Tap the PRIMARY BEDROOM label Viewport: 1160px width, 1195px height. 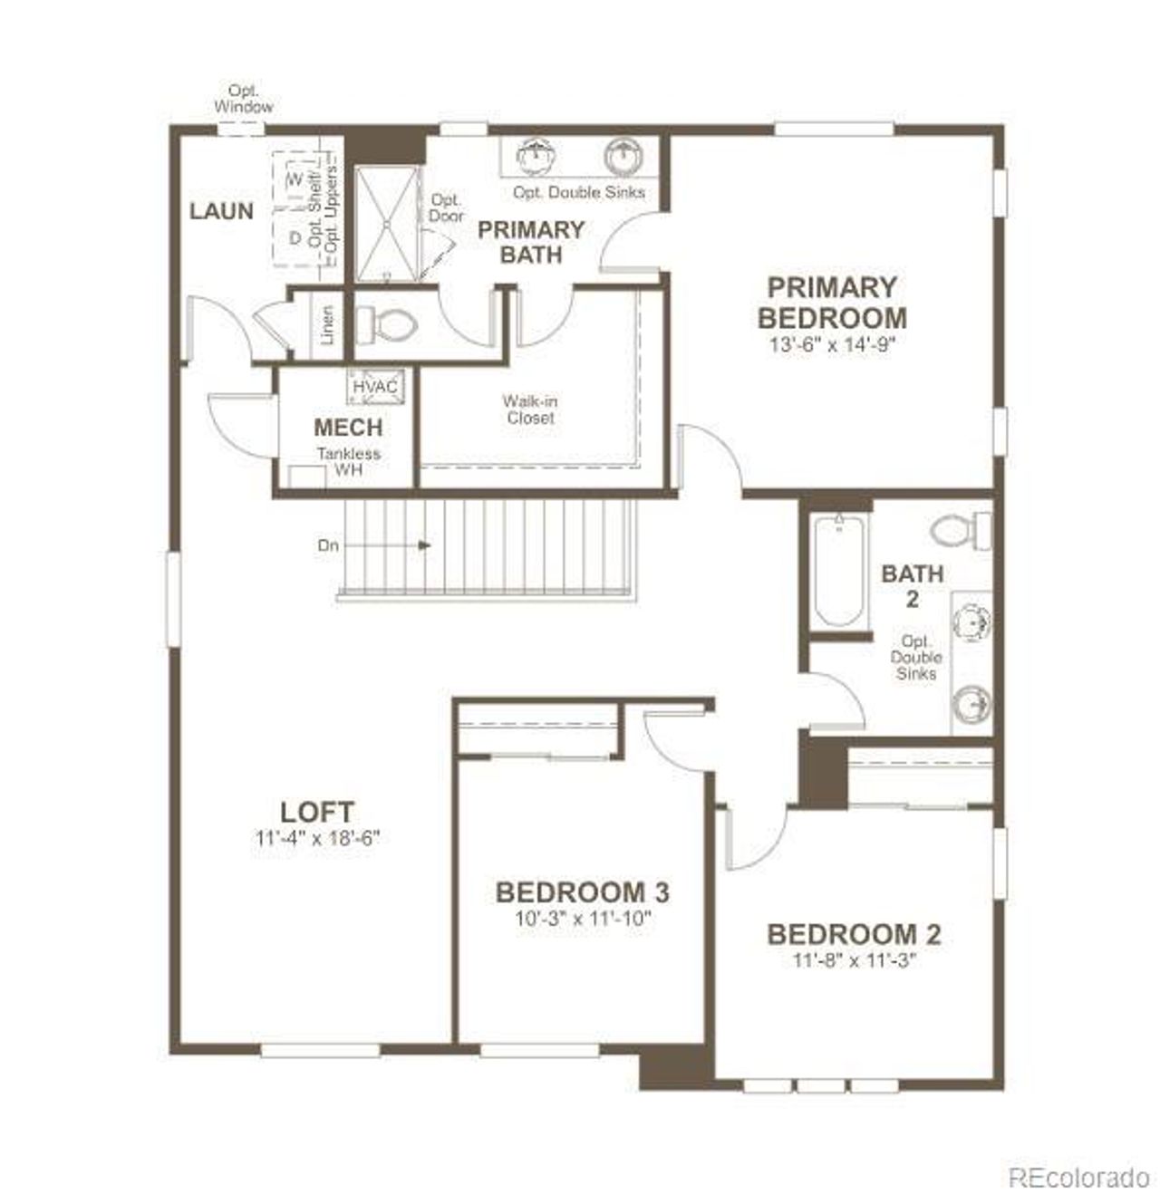point(831,303)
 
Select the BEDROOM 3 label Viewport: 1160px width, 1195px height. point(582,892)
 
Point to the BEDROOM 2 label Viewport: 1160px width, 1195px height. point(854,934)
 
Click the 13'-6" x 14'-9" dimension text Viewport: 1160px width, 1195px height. point(832,345)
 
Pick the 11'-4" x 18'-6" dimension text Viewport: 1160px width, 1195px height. point(316,839)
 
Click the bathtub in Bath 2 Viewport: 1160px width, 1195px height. point(838,571)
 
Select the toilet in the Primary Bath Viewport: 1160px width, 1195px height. point(384,323)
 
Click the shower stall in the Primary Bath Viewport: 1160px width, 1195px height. point(387,223)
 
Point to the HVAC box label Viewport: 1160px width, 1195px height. point(375,387)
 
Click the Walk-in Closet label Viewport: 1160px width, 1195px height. point(531,410)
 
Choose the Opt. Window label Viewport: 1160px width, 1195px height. point(243,99)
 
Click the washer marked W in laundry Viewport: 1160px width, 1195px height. point(295,178)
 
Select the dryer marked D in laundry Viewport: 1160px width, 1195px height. point(295,237)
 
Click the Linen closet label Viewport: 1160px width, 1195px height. point(327,324)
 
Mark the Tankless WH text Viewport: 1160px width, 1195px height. point(348,462)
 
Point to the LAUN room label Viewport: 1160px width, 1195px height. point(221,211)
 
